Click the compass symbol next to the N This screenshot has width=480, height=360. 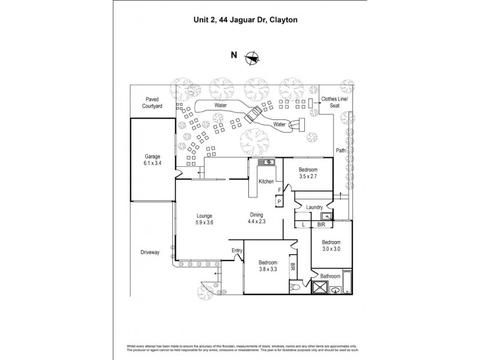tap(253, 58)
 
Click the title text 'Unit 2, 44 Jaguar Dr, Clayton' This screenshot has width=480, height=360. tap(239, 19)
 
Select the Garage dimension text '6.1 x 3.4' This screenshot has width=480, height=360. tap(152, 163)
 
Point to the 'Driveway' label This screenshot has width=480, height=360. tap(149, 252)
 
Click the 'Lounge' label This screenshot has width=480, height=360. tap(205, 216)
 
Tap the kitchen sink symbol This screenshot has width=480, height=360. tap(266, 162)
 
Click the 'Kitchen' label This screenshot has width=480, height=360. tap(266, 181)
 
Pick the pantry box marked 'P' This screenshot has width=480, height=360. tap(278, 202)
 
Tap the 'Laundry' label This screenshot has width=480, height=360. tap(315, 208)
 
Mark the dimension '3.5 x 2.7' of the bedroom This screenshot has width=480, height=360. tap(307, 177)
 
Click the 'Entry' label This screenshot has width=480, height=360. tap(236, 251)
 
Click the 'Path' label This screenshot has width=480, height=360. tap(340, 151)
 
